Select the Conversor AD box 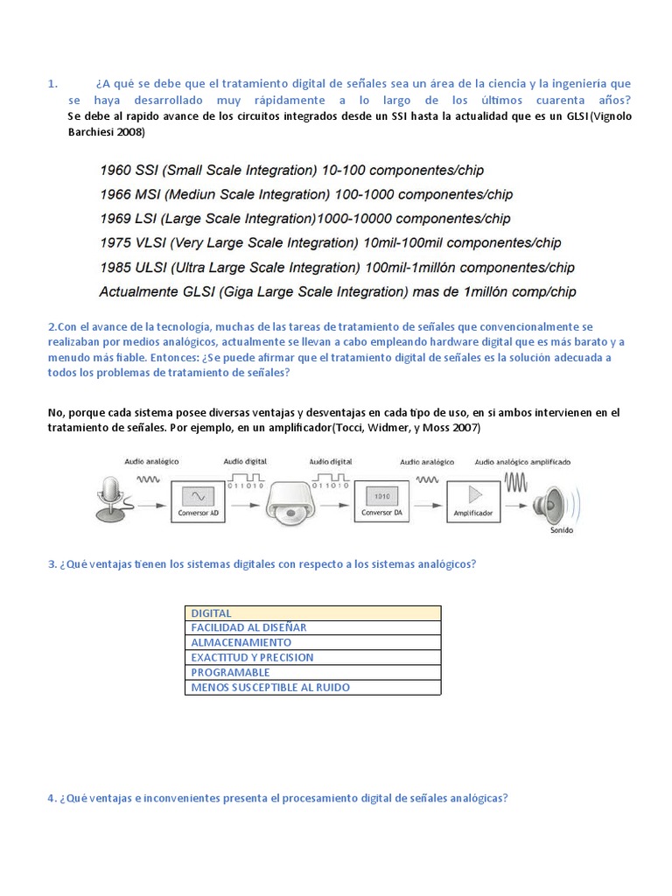click(x=198, y=500)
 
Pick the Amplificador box click(x=474, y=500)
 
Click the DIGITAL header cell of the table click(x=212, y=613)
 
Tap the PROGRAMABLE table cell click(x=230, y=672)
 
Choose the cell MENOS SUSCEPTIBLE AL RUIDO click(x=270, y=688)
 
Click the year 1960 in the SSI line click(x=115, y=170)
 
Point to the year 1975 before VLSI click(x=115, y=242)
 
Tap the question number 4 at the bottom click(x=51, y=799)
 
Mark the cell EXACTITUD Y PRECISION click(x=252, y=657)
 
